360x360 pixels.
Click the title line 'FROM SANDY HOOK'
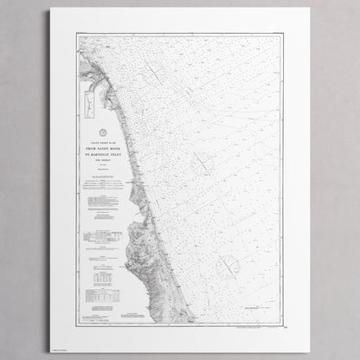[101, 147]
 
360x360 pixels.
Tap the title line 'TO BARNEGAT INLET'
[101, 153]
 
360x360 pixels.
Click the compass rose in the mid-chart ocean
[203, 161]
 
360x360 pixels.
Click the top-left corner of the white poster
[50, 10]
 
